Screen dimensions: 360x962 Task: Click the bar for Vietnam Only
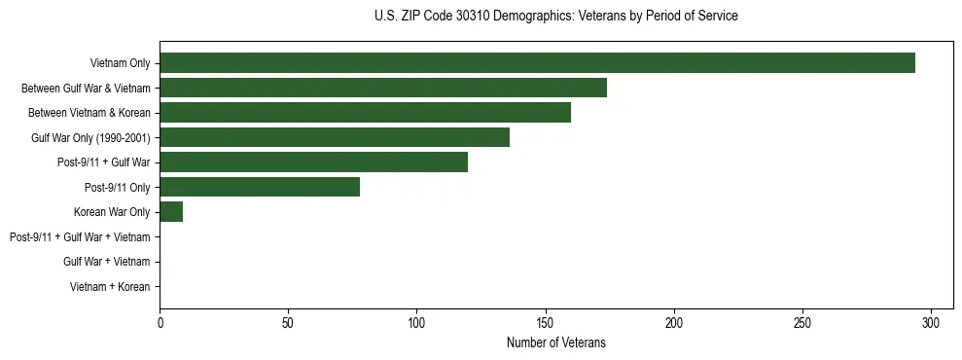[x=537, y=63]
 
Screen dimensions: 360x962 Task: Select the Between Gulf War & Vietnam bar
[x=383, y=88]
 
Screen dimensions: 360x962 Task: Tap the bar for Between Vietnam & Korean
[x=365, y=113]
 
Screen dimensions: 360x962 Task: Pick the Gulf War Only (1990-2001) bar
[x=335, y=137]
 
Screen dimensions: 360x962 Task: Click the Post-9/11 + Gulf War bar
[x=313, y=162]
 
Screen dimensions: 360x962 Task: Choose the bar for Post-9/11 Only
[x=260, y=187]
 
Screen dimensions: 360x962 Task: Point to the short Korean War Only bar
[x=171, y=212]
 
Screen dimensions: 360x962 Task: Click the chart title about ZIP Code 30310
[x=555, y=17]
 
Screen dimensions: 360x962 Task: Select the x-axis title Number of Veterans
[x=555, y=342]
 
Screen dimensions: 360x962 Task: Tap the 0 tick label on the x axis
[x=160, y=322]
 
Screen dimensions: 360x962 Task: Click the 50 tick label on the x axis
[x=288, y=322]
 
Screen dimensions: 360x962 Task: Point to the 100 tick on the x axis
[x=416, y=322]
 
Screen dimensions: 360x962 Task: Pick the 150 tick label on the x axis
[x=546, y=322]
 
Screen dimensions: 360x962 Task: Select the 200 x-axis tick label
[x=674, y=322]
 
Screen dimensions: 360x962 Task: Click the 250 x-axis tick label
[x=802, y=322]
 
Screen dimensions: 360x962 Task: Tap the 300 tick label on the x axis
[x=931, y=322]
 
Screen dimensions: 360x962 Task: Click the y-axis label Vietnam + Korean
[x=110, y=287]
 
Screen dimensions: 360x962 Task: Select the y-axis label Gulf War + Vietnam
[x=106, y=262]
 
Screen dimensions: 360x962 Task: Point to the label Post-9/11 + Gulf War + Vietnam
[x=80, y=237]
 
